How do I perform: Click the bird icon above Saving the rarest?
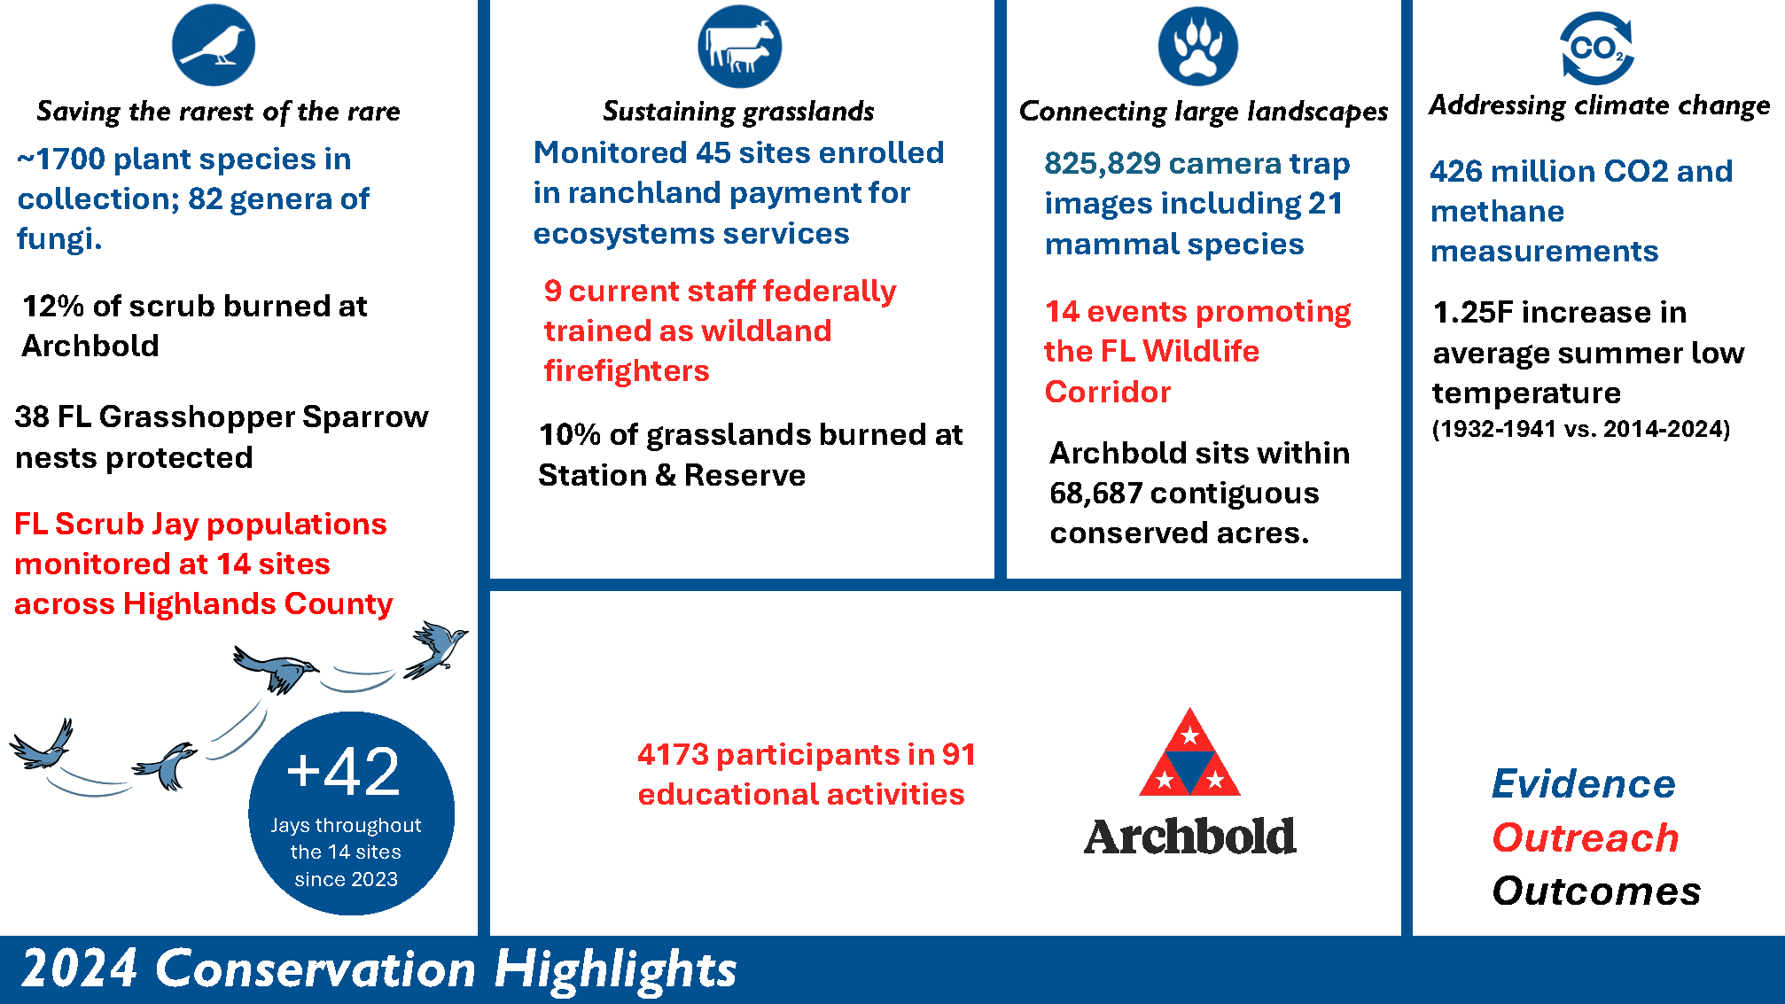pyautogui.click(x=214, y=44)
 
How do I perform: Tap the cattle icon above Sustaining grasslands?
pyautogui.click(x=740, y=46)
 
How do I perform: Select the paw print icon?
pyautogui.click(x=1198, y=46)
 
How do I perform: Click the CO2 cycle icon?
pyautogui.click(x=1597, y=48)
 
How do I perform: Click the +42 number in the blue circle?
pyautogui.click(x=344, y=771)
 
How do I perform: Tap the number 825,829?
pyautogui.click(x=1103, y=164)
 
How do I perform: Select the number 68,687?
pyautogui.click(x=1096, y=494)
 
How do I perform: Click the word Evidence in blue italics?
pyautogui.click(x=1584, y=784)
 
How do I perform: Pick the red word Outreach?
pyautogui.click(x=1586, y=838)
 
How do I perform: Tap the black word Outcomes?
pyautogui.click(x=1596, y=891)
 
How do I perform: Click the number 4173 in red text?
pyautogui.click(x=674, y=755)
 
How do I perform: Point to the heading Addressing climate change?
pyautogui.click(x=1600, y=105)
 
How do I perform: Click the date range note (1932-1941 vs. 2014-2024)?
pyautogui.click(x=1581, y=429)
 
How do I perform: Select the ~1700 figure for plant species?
pyautogui.click(x=61, y=160)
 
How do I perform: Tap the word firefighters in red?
pyautogui.click(x=627, y=371)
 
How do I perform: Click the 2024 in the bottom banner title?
pyautogui.click(x=80, y=969)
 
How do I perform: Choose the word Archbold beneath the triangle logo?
pyautogui.click(x=1190, y=837)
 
